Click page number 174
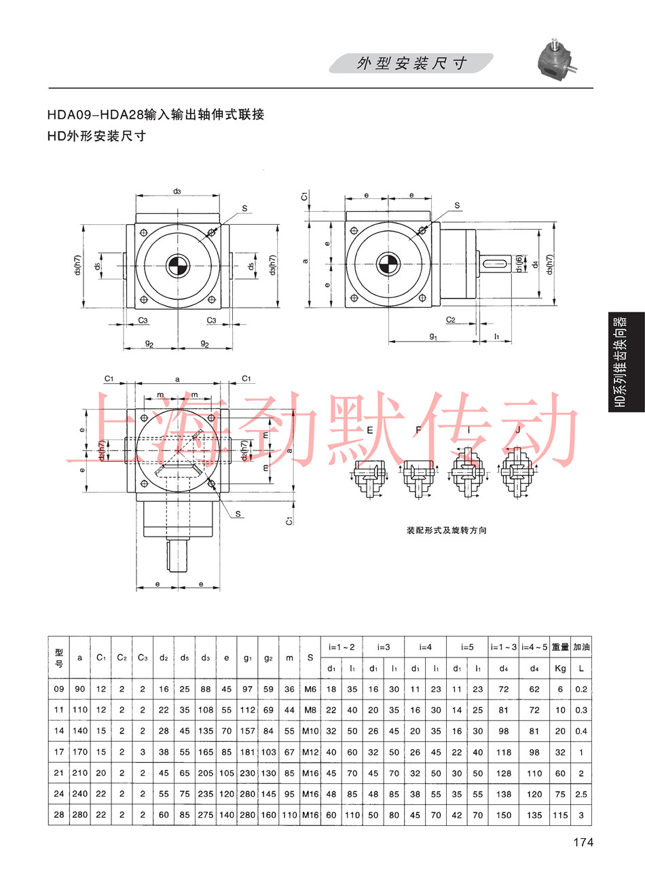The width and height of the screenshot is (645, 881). point(583,842)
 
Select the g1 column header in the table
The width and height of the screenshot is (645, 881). point(247,658)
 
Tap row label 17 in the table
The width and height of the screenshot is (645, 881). point(59,752)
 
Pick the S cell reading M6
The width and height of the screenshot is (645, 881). point(310,689)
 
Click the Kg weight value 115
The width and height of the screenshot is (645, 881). point(560,815)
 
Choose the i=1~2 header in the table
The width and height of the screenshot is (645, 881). point(342,647)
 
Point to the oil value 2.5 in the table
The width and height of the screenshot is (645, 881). point(581,794)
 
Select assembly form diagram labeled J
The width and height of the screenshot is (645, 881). point(517,473)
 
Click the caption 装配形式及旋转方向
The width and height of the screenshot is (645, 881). point(447,531)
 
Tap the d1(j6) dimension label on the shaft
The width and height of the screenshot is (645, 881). point(519,264)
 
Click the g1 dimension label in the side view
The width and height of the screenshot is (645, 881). point(432,336)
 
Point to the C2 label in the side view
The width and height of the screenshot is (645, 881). point(450,320)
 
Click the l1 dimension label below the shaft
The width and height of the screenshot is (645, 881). point(497,336)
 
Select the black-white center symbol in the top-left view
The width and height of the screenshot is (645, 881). point(178,266)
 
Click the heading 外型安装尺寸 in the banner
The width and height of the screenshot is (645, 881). point(411,63)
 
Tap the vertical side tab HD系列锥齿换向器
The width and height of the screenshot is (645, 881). point(621,362)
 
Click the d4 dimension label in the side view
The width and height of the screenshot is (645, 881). point(534,264)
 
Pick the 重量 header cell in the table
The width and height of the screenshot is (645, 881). point(560,647)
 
